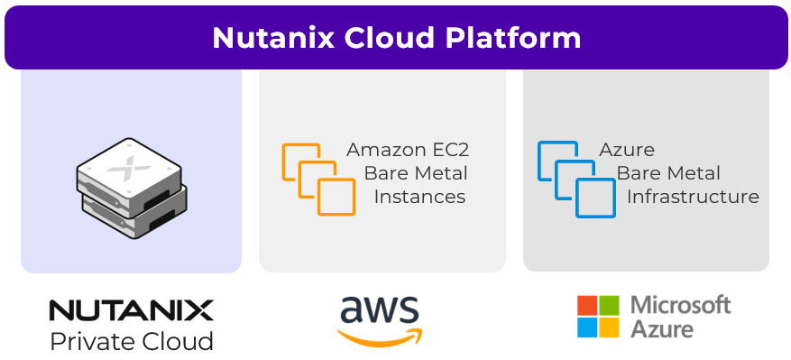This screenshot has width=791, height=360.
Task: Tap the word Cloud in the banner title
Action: [x=377, y=38]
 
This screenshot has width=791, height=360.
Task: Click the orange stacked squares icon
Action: [x=317, y=178]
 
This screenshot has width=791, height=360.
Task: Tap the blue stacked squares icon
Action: [x=575, y=178]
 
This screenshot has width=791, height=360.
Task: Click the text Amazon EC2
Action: [x=408, y=150]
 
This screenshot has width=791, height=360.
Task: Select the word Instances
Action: [x=419, y=197]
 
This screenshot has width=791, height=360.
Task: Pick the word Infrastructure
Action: [x=693, y=197]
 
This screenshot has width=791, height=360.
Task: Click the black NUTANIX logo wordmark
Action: [x=131, y=311]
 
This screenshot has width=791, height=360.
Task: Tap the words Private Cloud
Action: [x=132, y=341]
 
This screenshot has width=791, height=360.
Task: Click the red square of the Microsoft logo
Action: [x=587, y=305]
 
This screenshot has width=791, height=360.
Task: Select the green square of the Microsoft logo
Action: [x=610, y=305]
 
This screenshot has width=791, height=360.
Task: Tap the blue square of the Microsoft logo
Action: [x=587, y=327]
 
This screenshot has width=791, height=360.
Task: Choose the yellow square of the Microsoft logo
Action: [x=610, y=327]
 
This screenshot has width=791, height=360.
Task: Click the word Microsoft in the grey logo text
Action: [x=681, y=304]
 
